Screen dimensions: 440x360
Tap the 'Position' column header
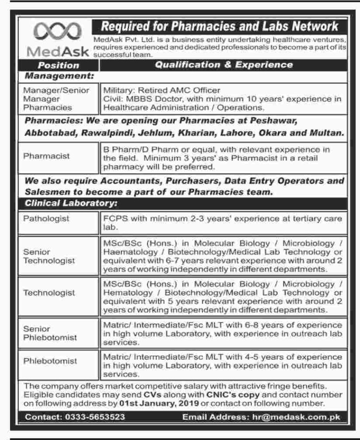click(58, 65)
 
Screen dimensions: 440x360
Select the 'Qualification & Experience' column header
click(224, 65)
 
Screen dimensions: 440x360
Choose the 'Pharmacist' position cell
click(46, 156)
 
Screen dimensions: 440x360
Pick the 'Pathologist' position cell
click(46, 219)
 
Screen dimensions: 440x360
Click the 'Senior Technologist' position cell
click(50, 256)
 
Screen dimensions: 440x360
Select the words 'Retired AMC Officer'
click(183, 90)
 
